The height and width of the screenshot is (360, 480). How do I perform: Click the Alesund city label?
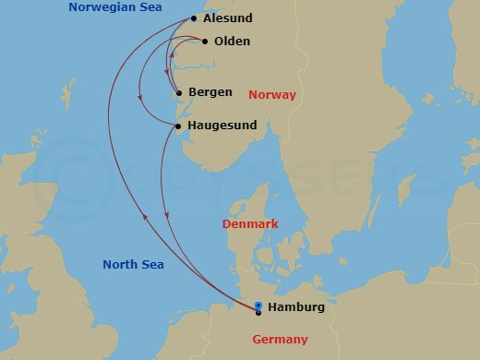pyautogui.click(x=227, y=18)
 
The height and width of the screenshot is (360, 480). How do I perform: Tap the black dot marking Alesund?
pyautogui.click(x=193, y=18)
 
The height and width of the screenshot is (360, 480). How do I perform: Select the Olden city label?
pyautogui.click(x=232, y=42)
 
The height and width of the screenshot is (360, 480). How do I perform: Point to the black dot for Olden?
pyautogui.click(x=204, y=42)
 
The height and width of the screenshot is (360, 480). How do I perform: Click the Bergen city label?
pyautogui.click(x=210, y=92)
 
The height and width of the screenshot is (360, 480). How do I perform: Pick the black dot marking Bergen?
pyautogui.click(x=177, y=92)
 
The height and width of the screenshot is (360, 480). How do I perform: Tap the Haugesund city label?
pyautogui.click(x=222, y=126)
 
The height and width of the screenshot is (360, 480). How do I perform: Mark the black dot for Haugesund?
pyautogui.click(x=177, y=126)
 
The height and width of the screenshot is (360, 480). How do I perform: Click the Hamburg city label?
pyautogui.click(x=296, y=307)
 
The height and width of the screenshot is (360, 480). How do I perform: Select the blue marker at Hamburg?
pyautogui.click(x=258, y=306)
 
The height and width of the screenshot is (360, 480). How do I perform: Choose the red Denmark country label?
pyautogui.click(x=250, y=224)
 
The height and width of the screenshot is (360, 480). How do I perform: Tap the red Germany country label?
pyautogui.click(x=280, y=340)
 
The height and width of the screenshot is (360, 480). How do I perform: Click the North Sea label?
pyautogui.click(x=133, y=265)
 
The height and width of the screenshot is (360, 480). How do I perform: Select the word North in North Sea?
pyautogui.click(x=121, y=265)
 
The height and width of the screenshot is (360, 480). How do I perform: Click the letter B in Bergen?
pyautogui.click(x=192, y=92)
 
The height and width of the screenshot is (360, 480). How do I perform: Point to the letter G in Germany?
pyautogui.click(x=257, y=340)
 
